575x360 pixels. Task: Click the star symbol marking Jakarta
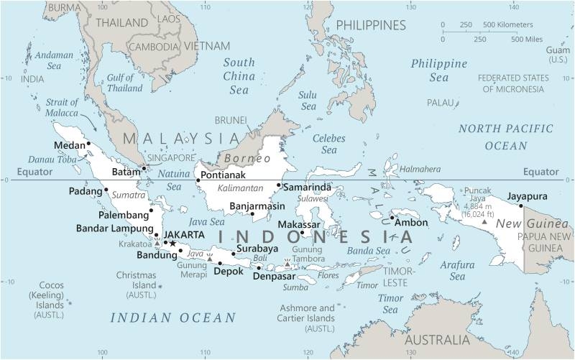[x=172, y=244]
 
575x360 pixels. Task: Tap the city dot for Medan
[x=88, y=144]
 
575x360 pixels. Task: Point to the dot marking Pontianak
[x=198, y=180]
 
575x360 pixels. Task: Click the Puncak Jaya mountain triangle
[x=485, y=222]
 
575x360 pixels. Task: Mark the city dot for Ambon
[x=392, y=218]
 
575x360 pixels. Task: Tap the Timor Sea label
[x=391, y=304]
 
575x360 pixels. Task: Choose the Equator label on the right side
[x=540, y=172]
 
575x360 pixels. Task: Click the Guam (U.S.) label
[x=558, y=54]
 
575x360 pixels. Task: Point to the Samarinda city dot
[x=279, y=185]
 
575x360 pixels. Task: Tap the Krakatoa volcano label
[x=134, y=244]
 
